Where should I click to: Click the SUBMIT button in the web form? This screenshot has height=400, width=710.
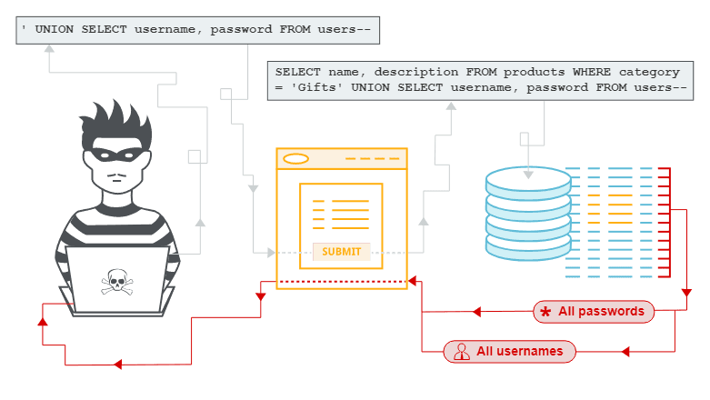click(341, 252)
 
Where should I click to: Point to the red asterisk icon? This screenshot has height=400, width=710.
click(545, 312)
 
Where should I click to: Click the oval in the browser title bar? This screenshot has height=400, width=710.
click(295, 159)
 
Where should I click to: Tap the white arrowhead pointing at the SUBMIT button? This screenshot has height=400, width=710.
click(271, 253)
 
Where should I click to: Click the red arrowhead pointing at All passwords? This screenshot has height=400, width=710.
click(475, 312)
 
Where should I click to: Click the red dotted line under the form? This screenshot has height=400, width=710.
click(341, 282)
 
